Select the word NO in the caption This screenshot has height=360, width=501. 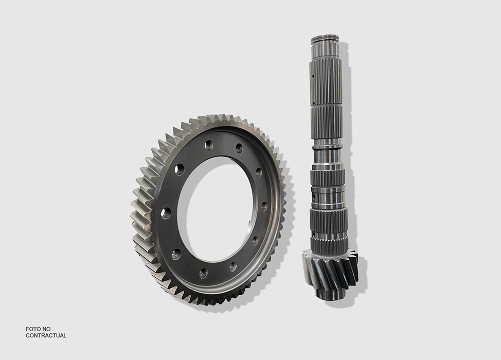coord(47,329)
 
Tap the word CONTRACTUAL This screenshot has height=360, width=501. coord(46,336)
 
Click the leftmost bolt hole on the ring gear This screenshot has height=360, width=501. coord(166,213)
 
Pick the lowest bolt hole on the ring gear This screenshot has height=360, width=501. coord(203,273)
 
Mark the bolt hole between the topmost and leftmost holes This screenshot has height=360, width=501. coord(180,169)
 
